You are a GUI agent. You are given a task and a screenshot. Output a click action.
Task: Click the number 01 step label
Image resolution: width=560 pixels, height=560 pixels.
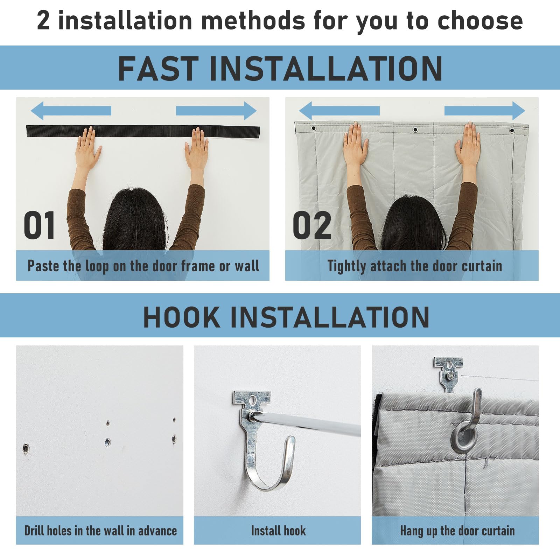coord(39,226)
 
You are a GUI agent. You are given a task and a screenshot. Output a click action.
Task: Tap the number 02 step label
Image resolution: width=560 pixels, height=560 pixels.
coord(312,226)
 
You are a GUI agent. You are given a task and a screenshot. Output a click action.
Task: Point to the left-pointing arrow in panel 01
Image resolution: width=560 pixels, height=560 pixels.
coord(71,111)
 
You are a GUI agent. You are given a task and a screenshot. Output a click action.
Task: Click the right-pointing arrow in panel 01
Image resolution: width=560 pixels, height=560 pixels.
coord(216,111)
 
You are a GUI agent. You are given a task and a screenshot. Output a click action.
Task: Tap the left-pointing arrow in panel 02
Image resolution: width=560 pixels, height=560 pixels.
coord(339,111)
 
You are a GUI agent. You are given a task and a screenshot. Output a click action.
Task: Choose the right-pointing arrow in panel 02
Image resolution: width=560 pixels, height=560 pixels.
coord(485,111)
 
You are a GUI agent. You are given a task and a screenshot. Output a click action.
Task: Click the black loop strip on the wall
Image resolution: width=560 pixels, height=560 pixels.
coord(143,131)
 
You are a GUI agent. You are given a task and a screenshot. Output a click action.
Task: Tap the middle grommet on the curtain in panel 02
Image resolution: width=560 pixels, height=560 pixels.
coord(415,130)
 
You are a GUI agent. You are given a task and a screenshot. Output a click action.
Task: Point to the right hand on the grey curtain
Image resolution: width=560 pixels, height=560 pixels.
coord(468,143)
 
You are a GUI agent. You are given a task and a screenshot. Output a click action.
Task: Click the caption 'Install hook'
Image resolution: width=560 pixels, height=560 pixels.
coord(278,531)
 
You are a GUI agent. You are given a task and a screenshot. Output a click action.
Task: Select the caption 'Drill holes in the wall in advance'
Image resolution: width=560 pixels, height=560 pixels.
coord(100,531)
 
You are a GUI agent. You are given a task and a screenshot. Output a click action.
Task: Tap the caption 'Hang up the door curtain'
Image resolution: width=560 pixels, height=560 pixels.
coord(457,531)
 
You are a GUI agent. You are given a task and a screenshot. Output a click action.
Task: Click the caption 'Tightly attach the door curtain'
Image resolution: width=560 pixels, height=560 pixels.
coord(415,266)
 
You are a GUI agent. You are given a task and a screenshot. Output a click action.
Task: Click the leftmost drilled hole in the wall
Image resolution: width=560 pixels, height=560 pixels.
coord(26,448)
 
